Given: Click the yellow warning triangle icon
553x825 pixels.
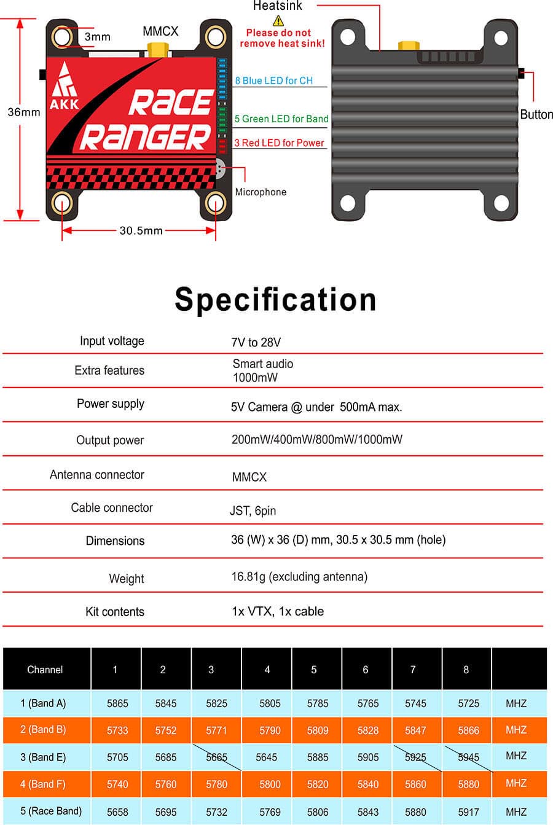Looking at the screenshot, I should click(278, 21).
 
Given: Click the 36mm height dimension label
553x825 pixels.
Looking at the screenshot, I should click(23, 112).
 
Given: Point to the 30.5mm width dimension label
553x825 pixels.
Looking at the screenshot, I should click(141, 230).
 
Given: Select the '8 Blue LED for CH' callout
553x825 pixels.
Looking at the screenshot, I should click(273, 80).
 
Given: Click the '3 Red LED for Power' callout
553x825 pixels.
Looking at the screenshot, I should click(279, 143).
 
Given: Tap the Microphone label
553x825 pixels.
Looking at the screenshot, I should click(261, 192).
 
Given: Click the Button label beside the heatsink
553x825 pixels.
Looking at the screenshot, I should click(536, 114).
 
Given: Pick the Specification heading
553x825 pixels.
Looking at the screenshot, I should click(275, 299).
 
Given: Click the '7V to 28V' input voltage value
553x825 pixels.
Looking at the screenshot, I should click(256, 342).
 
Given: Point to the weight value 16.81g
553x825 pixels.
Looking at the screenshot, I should click(299, 576).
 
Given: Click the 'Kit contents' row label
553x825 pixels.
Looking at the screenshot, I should click(115, 612).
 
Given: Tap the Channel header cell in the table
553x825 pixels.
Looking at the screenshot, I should click(45, 669).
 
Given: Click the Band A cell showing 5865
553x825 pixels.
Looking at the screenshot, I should click(117, 703).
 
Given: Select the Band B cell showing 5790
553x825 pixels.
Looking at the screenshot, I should click(270, 730).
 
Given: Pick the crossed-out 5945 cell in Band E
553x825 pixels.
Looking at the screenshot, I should click(468, 757).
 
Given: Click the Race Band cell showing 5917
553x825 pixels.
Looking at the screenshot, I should click(468, 811).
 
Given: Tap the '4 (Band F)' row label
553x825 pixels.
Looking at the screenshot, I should click(43, 784).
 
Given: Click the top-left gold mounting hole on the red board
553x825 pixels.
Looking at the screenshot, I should click(63, 38).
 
